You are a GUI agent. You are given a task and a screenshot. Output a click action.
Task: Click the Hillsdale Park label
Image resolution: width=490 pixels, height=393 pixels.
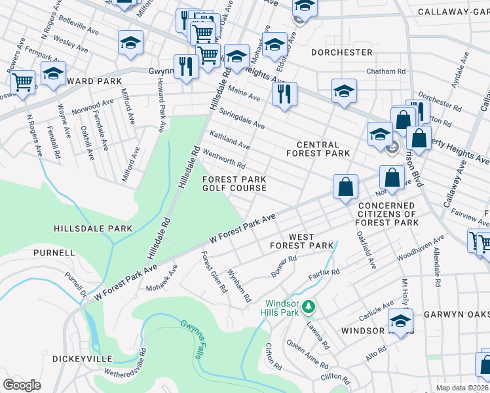point(93,229)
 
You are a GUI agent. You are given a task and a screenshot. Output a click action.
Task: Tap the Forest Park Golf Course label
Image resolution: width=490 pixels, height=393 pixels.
point(234,183)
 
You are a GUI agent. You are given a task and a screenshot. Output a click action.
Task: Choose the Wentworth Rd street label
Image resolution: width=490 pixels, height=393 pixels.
point(224,157)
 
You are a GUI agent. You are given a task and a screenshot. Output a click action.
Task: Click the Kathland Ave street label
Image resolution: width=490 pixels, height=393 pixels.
point(229,139)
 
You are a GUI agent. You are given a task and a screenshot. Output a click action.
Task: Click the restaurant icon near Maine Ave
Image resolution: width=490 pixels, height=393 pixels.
point(284,93)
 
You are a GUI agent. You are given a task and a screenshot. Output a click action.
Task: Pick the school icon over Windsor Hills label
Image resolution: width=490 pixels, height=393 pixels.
point(401,321)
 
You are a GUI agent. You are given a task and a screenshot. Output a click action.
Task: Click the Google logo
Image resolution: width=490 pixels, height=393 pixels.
point(22,384)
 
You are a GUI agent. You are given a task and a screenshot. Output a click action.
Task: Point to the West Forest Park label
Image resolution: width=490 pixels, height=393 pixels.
point(302,241)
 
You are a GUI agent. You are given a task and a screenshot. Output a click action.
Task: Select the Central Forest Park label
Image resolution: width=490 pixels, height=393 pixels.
point(318,149)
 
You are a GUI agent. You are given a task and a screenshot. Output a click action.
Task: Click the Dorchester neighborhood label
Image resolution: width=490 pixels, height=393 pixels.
point(341,52)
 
